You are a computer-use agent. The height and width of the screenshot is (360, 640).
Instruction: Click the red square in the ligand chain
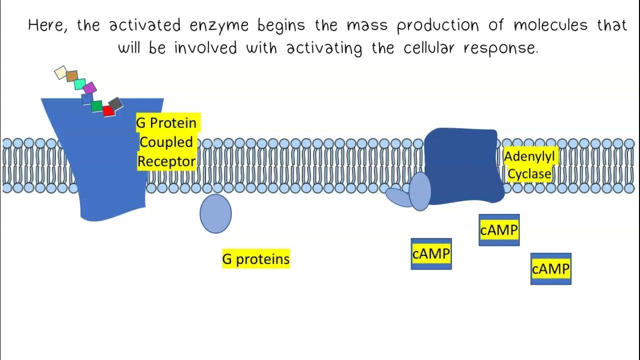pyautogui.click(x=108, y=111)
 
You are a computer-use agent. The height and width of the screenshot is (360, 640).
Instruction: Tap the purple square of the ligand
pyautogui.click(x=89, y=88)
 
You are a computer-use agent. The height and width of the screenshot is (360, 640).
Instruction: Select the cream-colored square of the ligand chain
pyautogui.click(x=60, y=72)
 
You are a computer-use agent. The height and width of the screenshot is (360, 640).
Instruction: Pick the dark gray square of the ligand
pyautogui.click(x=115, y=104)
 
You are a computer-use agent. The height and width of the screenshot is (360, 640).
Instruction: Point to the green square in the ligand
pyautogui.click(x=96, y=106)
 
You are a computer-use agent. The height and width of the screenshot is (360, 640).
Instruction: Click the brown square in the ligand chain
pyautogui.click(x=72, y=76)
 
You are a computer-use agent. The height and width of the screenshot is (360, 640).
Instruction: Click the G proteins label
pyautogui.click(x=255, y=259)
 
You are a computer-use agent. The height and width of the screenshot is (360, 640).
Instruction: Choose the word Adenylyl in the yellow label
pyautogui.click(x=529, y=156)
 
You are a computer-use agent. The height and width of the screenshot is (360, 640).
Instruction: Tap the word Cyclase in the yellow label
pyautogui.click(x=529, y=173)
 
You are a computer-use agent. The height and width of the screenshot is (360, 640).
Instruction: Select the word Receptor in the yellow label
pyautogui.click(x=166, y=161)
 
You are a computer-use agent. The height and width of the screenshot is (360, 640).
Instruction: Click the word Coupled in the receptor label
pyautogui.click(x=166, y=142)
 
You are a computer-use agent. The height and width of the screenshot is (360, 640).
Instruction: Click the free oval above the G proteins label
pyautogui.click(x=215, y=213)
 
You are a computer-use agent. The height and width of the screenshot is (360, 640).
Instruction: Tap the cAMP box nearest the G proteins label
pyautogui.click(x=431, y=254)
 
